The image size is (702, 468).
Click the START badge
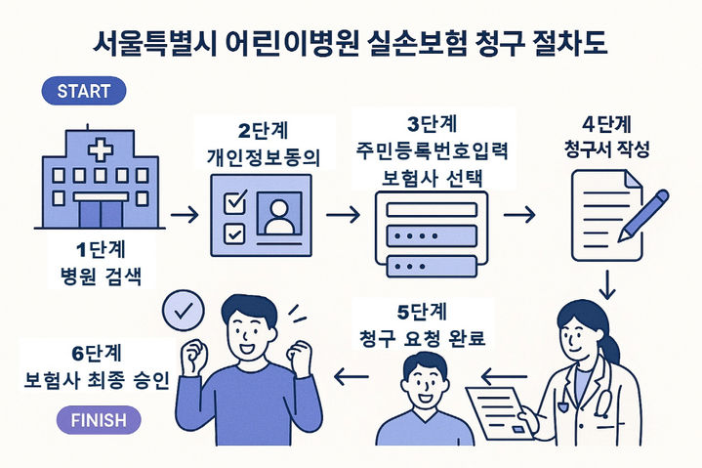tap(84, 93)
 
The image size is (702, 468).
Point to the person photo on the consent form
tap(279, 214)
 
